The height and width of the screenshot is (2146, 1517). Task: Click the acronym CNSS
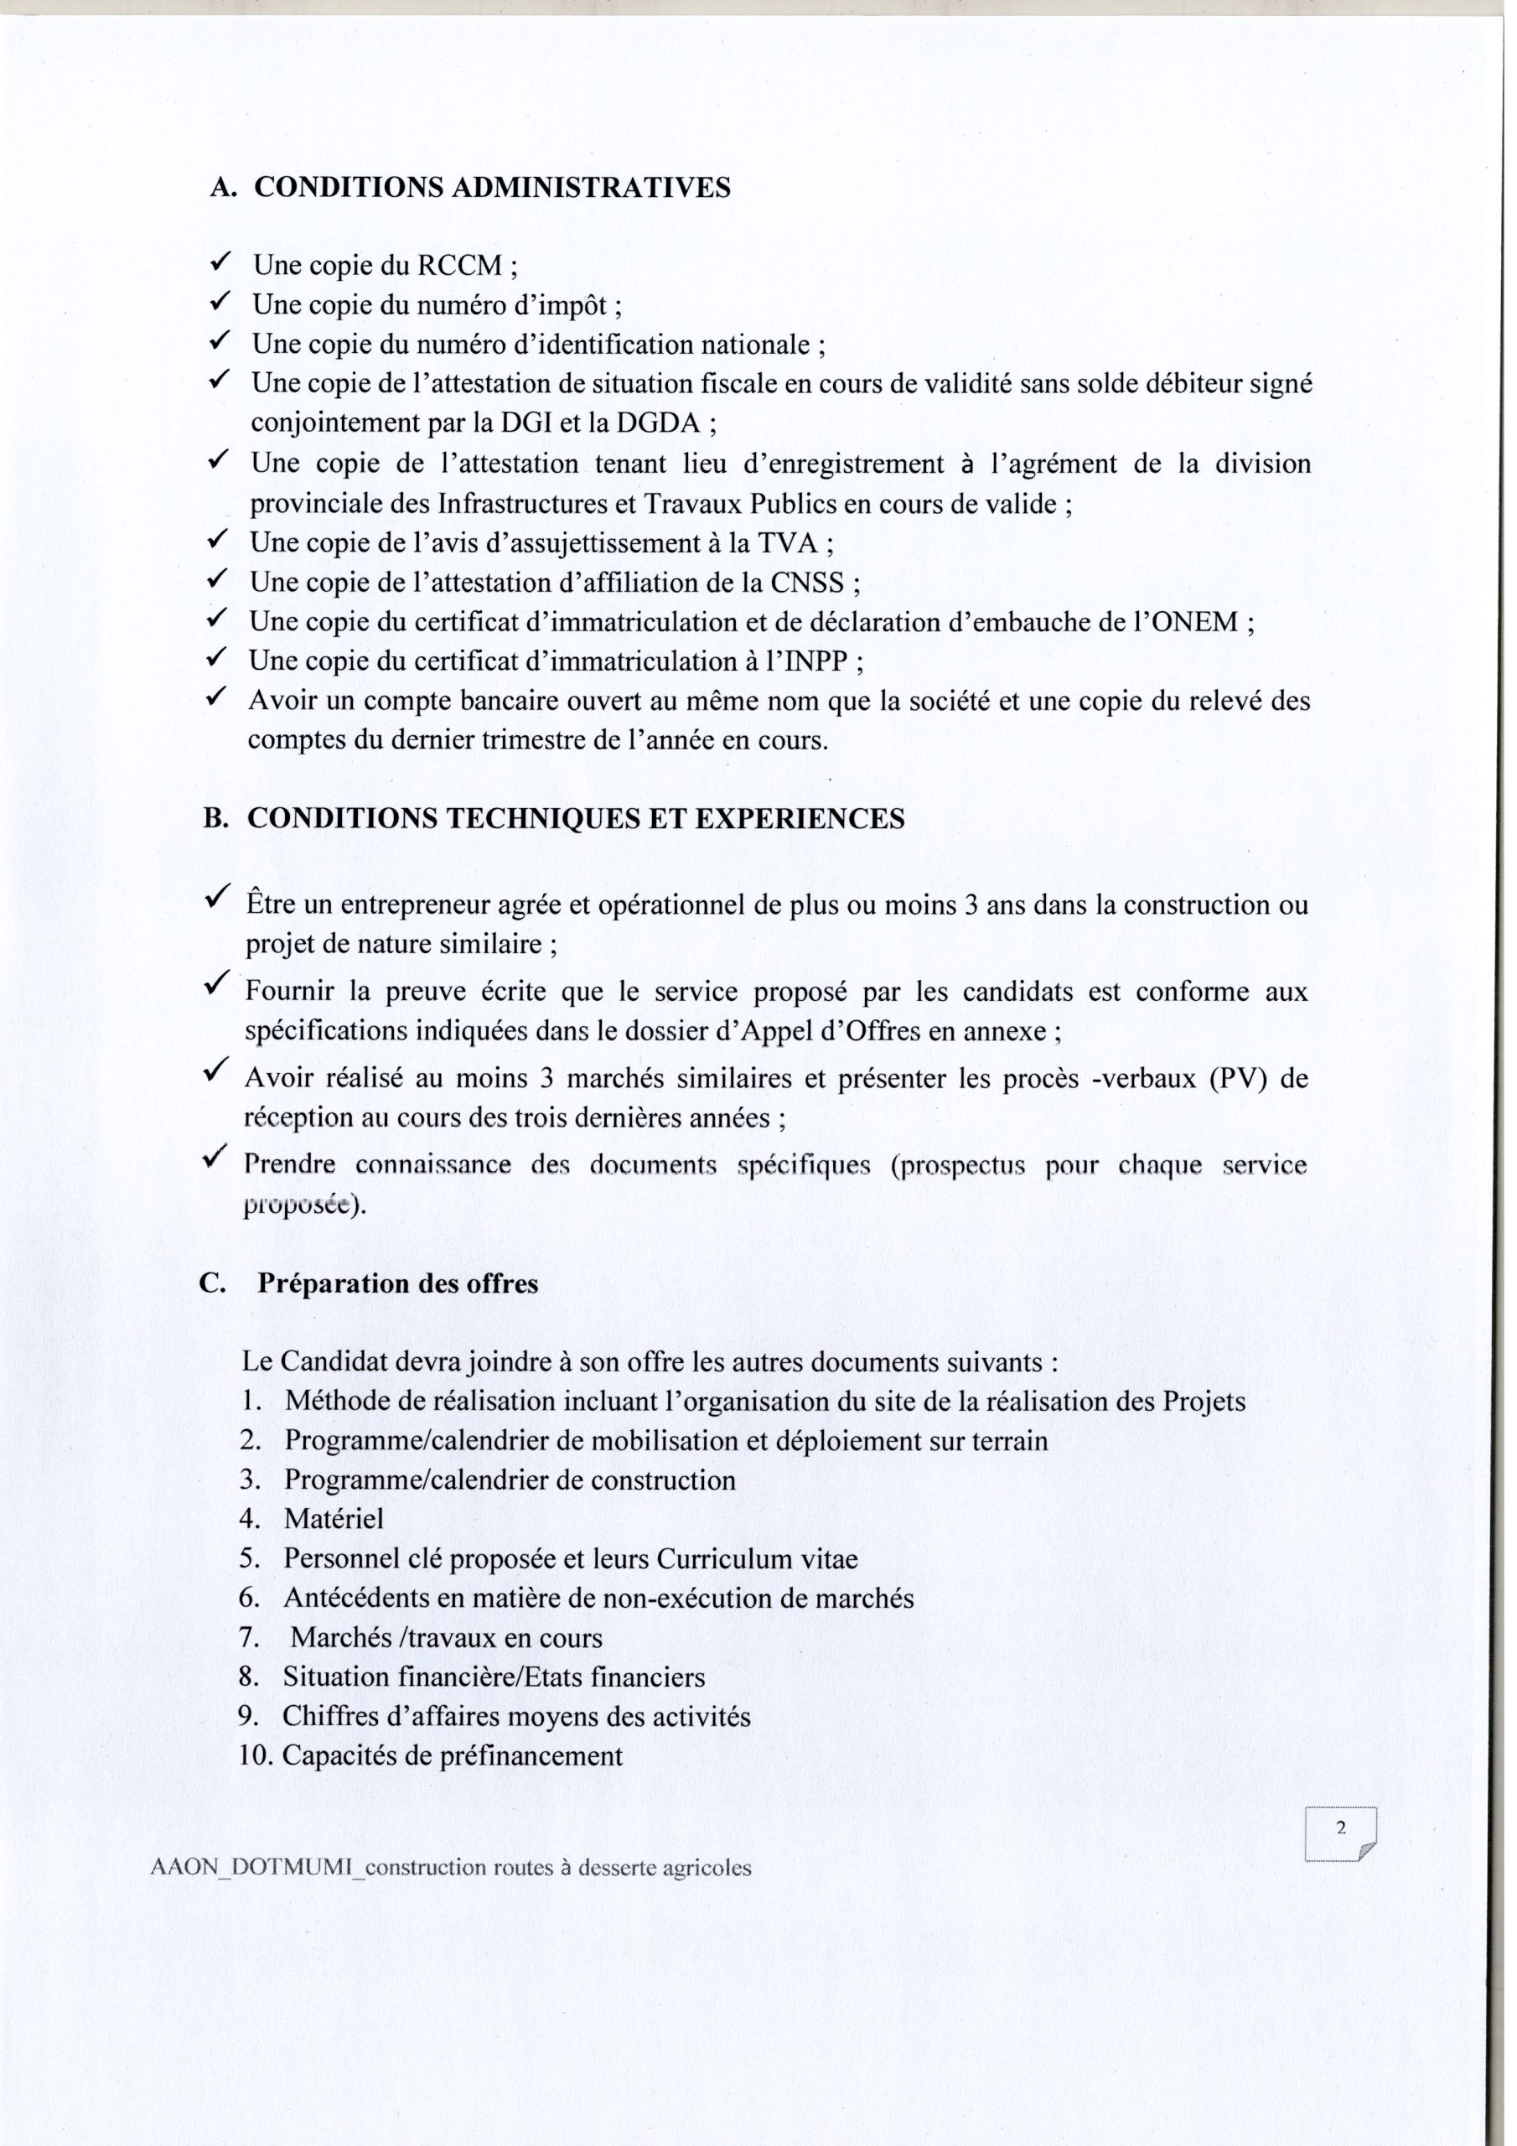[x=805, y=583]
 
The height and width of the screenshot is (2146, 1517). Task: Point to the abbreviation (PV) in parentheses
[x=1234, y=1080]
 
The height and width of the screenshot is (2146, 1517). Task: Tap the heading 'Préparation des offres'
[x=398, y=1283]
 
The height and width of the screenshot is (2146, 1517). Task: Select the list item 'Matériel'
[x=334, y=1519]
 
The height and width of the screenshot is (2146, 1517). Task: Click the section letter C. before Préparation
[x=213, y=1283]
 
